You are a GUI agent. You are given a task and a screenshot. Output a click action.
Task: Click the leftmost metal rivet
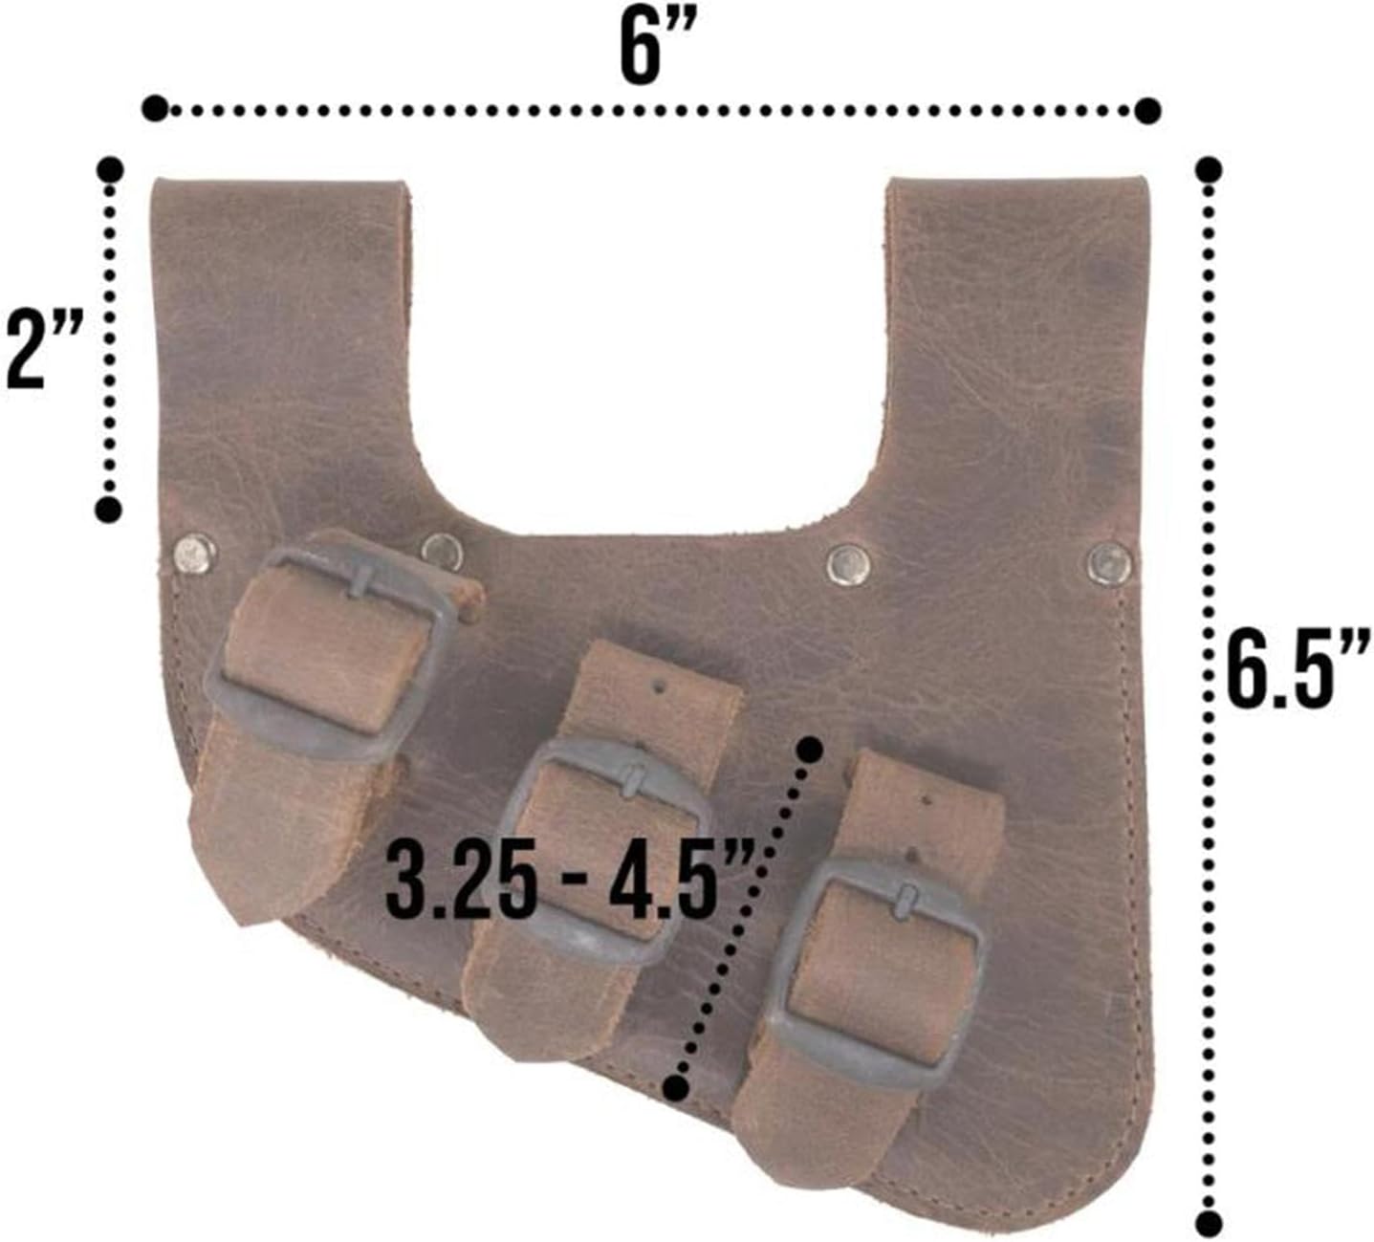pyautogui.click(x=194, y=553)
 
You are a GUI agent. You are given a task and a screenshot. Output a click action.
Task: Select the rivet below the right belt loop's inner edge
pyautogui.click(x=849, y=564)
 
